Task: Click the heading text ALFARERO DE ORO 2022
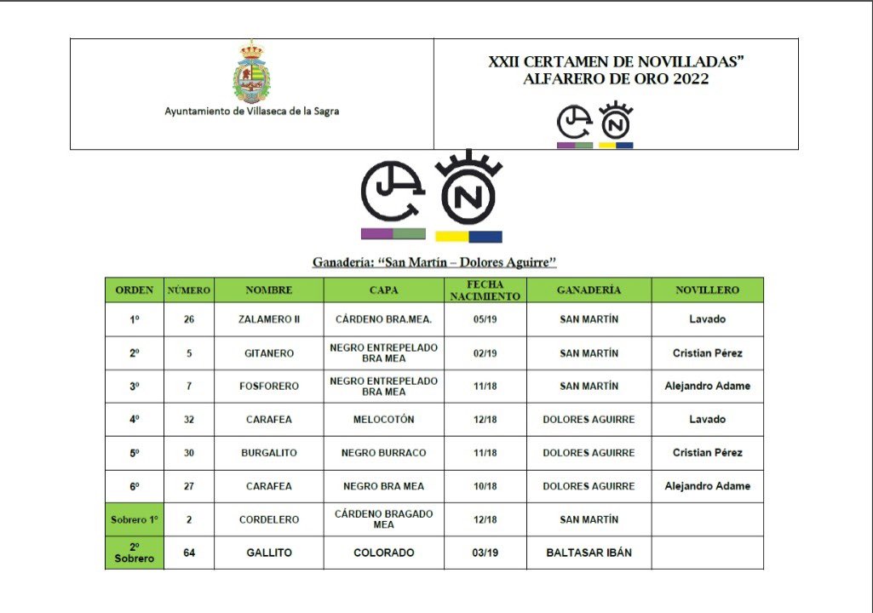(x=616, y=79)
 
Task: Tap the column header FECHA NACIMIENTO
(x=485, y=289)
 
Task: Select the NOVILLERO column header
(x=707, y=289)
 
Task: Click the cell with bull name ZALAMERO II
(x=268, y=319)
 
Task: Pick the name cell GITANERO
(x=268, y=352)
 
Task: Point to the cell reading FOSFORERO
(x=268, y=386)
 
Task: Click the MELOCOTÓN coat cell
(x=383, y=419)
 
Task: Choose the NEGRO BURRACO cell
(x=383, y=452)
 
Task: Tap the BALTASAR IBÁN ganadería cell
(x=589, y=553)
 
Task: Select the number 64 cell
(x=189, y=553)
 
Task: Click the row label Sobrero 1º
(x=135, y=519)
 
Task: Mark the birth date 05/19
(x=485, y=319)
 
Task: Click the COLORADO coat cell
(x=383, y=553)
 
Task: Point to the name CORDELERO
(x=268, y=519)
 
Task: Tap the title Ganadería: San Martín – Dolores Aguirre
(x=434, y=261)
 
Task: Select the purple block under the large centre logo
(x=376, y=233)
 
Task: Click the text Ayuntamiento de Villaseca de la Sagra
(x=251, y=111)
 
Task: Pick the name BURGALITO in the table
(x=268, y=452)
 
